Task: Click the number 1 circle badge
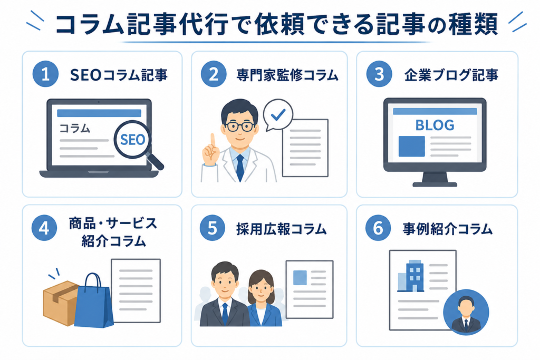tap(45, 74)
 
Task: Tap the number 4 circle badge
tap(44, 228)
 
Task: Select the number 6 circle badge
tap(378, 228)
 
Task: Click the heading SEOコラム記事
tap(119, 75)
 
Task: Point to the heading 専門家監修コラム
tap(287, 75)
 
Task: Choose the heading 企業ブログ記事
tap(451, 75)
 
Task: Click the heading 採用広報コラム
tap(281, 229)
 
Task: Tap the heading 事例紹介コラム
tap(447, 229)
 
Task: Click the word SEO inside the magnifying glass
tap(132, 140)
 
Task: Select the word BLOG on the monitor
tap(435, 125)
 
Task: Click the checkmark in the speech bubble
tap(278, 114)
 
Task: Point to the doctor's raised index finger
tap(213, 142)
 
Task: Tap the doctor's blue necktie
tap(240, 167)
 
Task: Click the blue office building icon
tap(415, 275)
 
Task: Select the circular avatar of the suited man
tap(466, 312)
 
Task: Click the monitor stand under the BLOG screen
tap(435, 180)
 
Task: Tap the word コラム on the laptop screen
tap(75, 129)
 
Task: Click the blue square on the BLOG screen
tap(411, 147)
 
